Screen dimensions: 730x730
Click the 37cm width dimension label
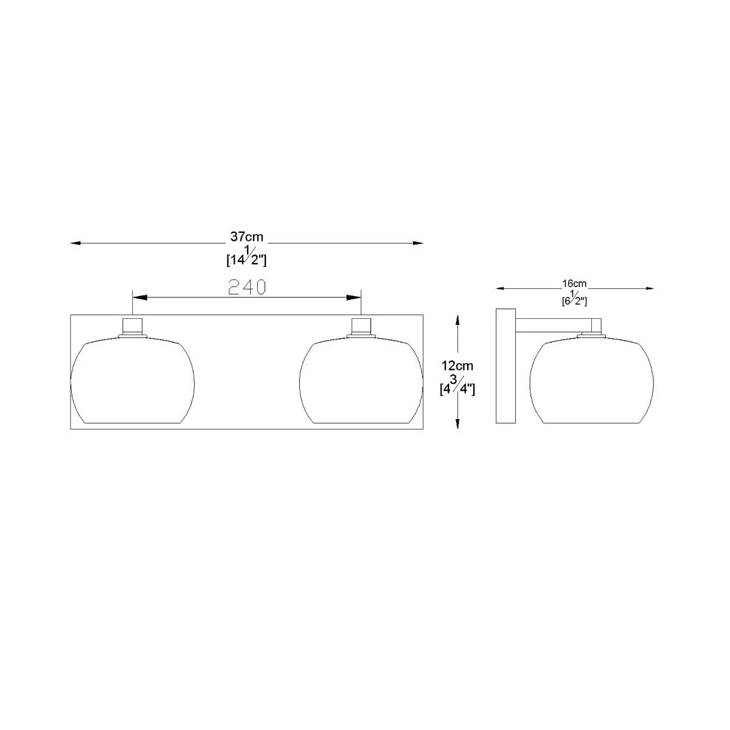[x=246, y=237]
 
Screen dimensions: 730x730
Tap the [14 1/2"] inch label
[x=246, y=256]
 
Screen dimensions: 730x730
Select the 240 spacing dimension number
[x=248, y=287]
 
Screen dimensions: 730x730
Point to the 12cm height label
[x=457, y=366]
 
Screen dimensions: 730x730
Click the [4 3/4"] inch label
[x=457, y=385]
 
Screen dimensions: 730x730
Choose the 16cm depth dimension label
[x=574, y=283]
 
